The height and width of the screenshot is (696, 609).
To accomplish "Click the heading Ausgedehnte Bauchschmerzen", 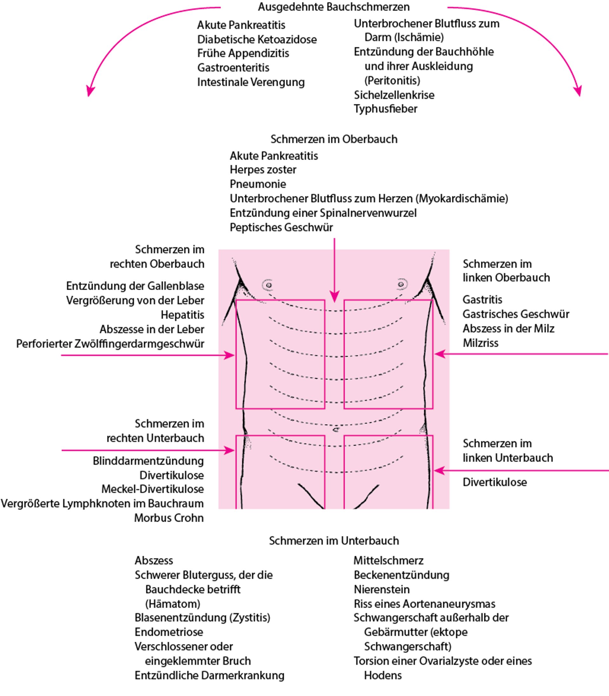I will (x=334, y=7).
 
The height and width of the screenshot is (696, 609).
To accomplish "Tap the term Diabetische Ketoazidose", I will (x=257, y=39).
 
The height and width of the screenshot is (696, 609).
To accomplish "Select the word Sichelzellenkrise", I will (x=394, y=95).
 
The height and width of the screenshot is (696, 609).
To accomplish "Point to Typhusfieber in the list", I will (x=385, y=109).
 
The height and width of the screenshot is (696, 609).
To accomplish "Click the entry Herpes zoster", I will (x=263, y=170).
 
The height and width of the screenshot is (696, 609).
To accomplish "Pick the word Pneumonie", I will (x=258, y=184).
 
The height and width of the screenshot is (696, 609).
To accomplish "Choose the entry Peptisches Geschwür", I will (x=281, y=227).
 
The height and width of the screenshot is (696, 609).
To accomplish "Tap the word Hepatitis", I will (x=182, y=315).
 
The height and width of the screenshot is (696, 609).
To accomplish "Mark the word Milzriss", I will (x=480, y=343).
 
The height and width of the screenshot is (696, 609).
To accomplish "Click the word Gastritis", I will (x=482, y=300).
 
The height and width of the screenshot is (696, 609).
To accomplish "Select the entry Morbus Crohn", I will (x=168, y=518).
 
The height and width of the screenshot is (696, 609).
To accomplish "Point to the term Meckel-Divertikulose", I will (x=153, y=489).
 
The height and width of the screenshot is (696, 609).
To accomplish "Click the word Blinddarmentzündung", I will (x=148, y=461).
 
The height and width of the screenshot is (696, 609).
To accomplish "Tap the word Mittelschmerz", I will (x=389, y=560).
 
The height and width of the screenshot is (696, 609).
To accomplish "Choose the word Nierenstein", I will (x=382, y=589).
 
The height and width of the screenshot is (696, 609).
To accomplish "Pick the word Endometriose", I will (x=168, y=632).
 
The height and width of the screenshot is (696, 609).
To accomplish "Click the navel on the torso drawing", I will (x=336, y=430).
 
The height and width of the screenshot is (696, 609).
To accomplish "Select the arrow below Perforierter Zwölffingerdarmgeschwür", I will (x=148, y=356).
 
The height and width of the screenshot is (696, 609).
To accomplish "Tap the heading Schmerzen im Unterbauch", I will (x=334, y=540).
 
